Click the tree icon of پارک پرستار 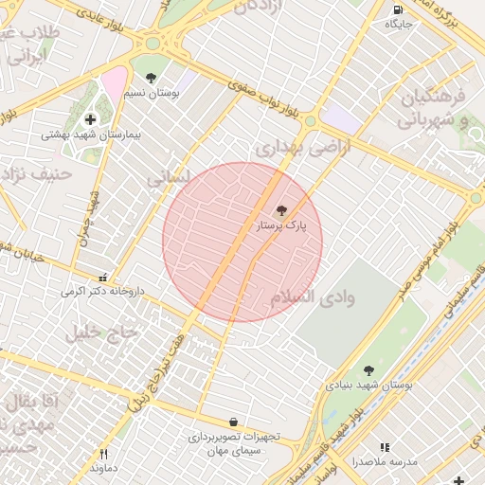pyautogui.click(x=281, y=210)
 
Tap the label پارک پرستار pyautogui.click(x=282, y=226)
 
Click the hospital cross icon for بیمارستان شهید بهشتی pyautogui.click(x=91, y=119)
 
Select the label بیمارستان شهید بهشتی pyautogui.click(x=91, y=135)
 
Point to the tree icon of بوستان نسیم pyautogui.click(x=151, y=78)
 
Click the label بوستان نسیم pyautogui.click(x=152, y=93)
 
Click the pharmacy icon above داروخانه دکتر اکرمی pyautogui.click(x=103, y=278)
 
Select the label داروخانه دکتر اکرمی pyautogui.click(x=103, y=292)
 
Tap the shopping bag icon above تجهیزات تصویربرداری pyautogui.click(x=234, y=422)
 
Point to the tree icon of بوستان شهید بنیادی pyautogui.click(x=368, y=370)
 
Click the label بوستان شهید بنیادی pyautogui.click(x=369, y=386)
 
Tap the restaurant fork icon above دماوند pyautogui.click(x=104, y=454)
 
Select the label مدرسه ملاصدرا pyautogui.click(x=384, y=462)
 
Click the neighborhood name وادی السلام pyautogui.click(x=313, y=297)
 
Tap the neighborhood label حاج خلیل pyautogui.click(x=101, y=332)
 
